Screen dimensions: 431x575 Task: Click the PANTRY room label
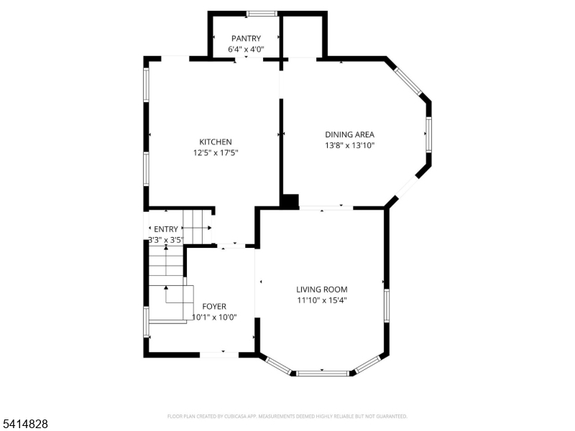[246, 38]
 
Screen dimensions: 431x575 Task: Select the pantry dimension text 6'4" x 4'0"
[246, 50]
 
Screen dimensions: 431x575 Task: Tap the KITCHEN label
[216, 142]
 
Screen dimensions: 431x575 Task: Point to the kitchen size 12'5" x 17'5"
[216, 152]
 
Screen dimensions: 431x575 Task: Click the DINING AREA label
[349, 134]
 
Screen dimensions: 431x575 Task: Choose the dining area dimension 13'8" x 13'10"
[349, 145]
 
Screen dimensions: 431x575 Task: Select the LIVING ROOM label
[322, 289]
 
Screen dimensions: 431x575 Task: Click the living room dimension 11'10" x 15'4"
[322, 300]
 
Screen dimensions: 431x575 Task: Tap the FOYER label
[214, 306]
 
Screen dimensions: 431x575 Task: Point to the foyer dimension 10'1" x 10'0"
[214, 317]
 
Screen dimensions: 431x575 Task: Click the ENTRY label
[165, 229]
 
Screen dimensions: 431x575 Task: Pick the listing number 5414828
[25, 425]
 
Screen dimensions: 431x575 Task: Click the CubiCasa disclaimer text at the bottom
[287, 416]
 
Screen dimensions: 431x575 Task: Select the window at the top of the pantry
[262, 13]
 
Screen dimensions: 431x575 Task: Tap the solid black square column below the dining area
[290, 202]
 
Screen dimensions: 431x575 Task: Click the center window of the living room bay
[322, 372]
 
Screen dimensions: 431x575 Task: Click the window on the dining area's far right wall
[429, 134]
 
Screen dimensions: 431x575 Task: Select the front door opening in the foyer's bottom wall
[218, 354]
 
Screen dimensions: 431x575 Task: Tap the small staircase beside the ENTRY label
[198, 226]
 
